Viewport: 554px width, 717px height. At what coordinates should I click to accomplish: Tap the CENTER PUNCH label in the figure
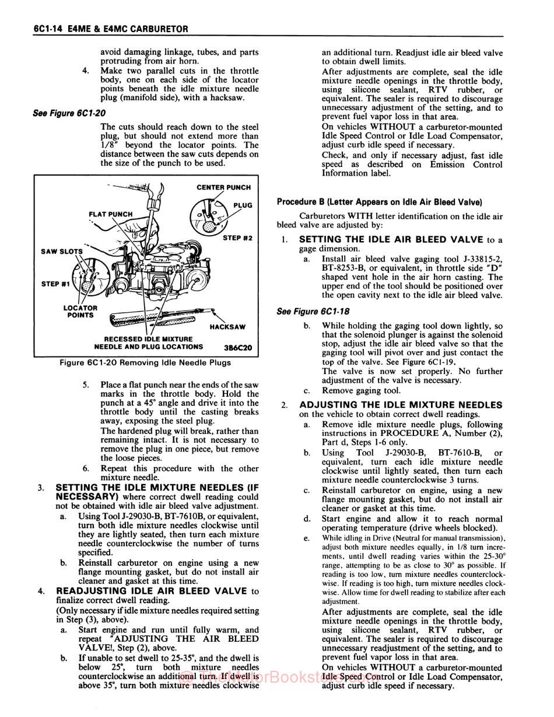click(x=223, y=187)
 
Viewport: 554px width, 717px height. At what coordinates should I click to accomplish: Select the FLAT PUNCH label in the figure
click(x=110, y=214)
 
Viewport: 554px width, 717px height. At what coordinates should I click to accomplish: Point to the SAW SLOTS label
click(x=62, y=251)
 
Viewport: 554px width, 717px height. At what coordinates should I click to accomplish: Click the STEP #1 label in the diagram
click(x=55, y=284)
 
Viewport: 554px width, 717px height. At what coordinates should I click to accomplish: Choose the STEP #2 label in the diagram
click(x=237, y=238)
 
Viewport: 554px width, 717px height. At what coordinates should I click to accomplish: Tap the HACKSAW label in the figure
click(x=227, y=327)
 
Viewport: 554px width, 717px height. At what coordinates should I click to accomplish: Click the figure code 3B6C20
click(x=238, y=347)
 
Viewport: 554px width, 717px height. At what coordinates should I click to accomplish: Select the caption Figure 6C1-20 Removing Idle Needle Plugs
click(x=145, y=362)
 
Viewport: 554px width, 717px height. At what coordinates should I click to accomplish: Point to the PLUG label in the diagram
click(x=243, y=205)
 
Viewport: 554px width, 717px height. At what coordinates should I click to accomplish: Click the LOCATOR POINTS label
click(x=80, y=312)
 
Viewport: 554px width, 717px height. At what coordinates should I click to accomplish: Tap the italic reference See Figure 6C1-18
click(x=313, y=312)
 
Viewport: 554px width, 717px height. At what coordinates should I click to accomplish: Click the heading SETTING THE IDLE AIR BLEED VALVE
click(x=391, y=239)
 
